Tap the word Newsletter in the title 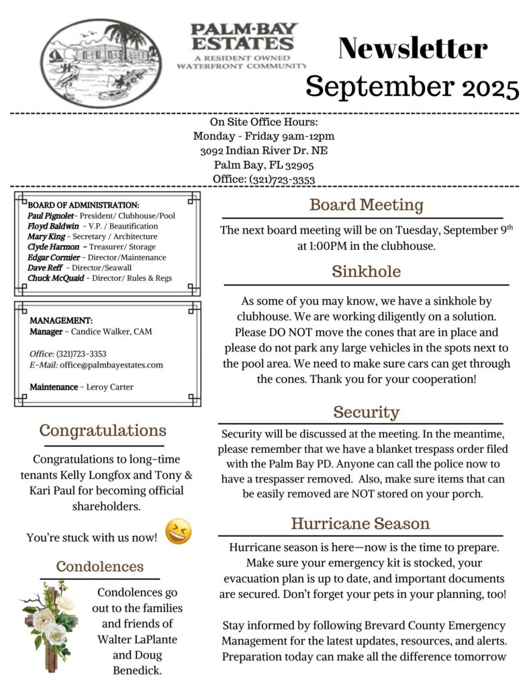(x=413, y=48)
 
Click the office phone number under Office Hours (x=282, y=179)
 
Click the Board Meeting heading (x=366, y=205)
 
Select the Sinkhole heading (x=366, y=271)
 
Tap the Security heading (x=366, y=411)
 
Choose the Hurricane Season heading (x=360, y=523)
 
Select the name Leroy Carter (x=110, y=386)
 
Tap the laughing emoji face (x=179, y=531)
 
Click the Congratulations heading (x=102, y=430)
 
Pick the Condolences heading (x=100, y=566)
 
